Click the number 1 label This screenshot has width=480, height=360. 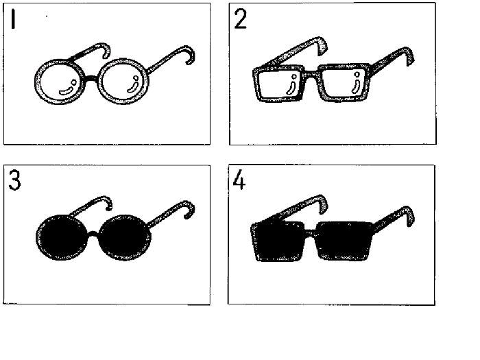(x=13, y=19)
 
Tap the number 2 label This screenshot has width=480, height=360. (x=240, y=19)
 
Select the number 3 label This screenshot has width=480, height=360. (x=14, y=180)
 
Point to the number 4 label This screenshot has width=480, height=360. (x=239, y=180)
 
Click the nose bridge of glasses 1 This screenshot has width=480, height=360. (x=92, y=78)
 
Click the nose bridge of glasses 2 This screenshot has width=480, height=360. (x=312, y=74)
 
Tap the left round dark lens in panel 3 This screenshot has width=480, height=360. (x=62, y=237)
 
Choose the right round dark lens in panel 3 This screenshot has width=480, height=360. (x=125, y=237)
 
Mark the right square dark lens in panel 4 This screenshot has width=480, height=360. (x=344, y=240)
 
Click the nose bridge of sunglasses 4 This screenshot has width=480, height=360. (x=311, y=232)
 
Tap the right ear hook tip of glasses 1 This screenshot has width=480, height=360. (x=188, y=63)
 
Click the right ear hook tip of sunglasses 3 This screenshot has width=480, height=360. (x=187, y=217)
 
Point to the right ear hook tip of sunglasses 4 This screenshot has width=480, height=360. (x=409, y=225)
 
